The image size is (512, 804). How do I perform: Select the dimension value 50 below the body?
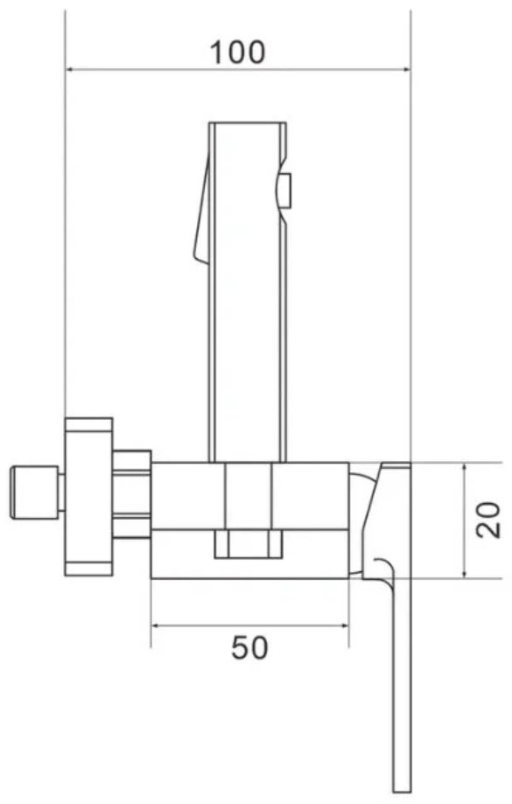(x=249, y=647)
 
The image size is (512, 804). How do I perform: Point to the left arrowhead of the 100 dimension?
(x=70, y=69)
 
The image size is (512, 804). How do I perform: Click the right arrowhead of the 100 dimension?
(x=406, y=69)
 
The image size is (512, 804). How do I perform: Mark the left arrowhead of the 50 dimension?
(x=156, y=626)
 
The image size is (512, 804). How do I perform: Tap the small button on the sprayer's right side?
(x=285, y=187)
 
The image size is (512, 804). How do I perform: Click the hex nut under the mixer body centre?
(x=249, y=544)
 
